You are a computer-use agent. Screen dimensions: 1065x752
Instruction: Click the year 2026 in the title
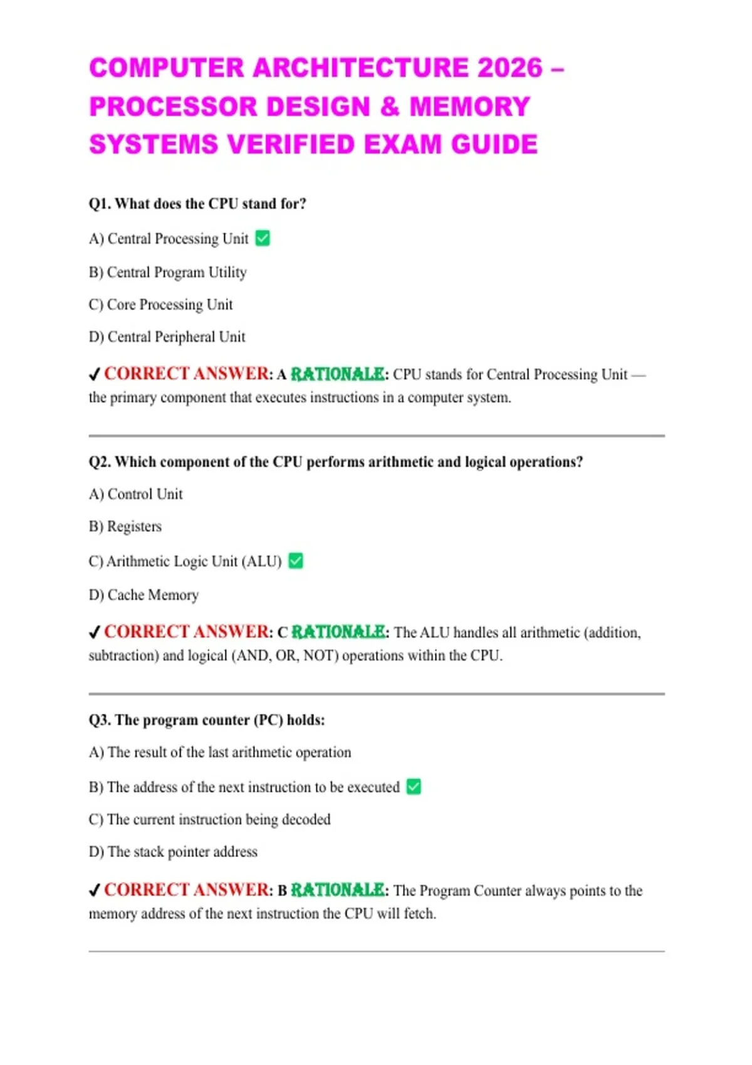click(509, 68)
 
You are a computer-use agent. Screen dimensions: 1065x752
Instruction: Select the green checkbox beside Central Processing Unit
click(263, 239)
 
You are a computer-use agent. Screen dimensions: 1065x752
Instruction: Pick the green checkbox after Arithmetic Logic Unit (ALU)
click(296, 561)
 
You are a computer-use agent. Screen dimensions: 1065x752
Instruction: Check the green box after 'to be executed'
click(414, 786)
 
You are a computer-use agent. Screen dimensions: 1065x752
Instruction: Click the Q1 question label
click(100, 204)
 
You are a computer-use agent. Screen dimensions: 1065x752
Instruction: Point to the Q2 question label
click(100, 462)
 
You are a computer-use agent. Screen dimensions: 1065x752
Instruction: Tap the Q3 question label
click(100, 720)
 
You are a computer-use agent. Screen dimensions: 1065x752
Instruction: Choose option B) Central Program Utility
click(168, 273)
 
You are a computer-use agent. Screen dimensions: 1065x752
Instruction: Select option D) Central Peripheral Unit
click(167, 337)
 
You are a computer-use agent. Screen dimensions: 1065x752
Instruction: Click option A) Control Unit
click(136, 494)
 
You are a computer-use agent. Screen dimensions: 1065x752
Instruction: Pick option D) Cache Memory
click(144, 595)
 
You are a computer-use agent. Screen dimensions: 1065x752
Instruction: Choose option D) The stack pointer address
click(174, 852)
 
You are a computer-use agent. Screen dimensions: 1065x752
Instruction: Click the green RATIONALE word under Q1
click(338, 375)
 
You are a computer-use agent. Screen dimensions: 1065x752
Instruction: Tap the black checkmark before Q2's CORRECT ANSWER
click(95, 633)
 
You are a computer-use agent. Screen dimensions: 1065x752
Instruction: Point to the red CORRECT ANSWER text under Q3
click(187, 890)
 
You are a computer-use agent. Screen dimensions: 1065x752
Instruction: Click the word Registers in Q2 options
click(134, 526)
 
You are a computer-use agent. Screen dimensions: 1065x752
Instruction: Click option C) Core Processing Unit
click(161, 304)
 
